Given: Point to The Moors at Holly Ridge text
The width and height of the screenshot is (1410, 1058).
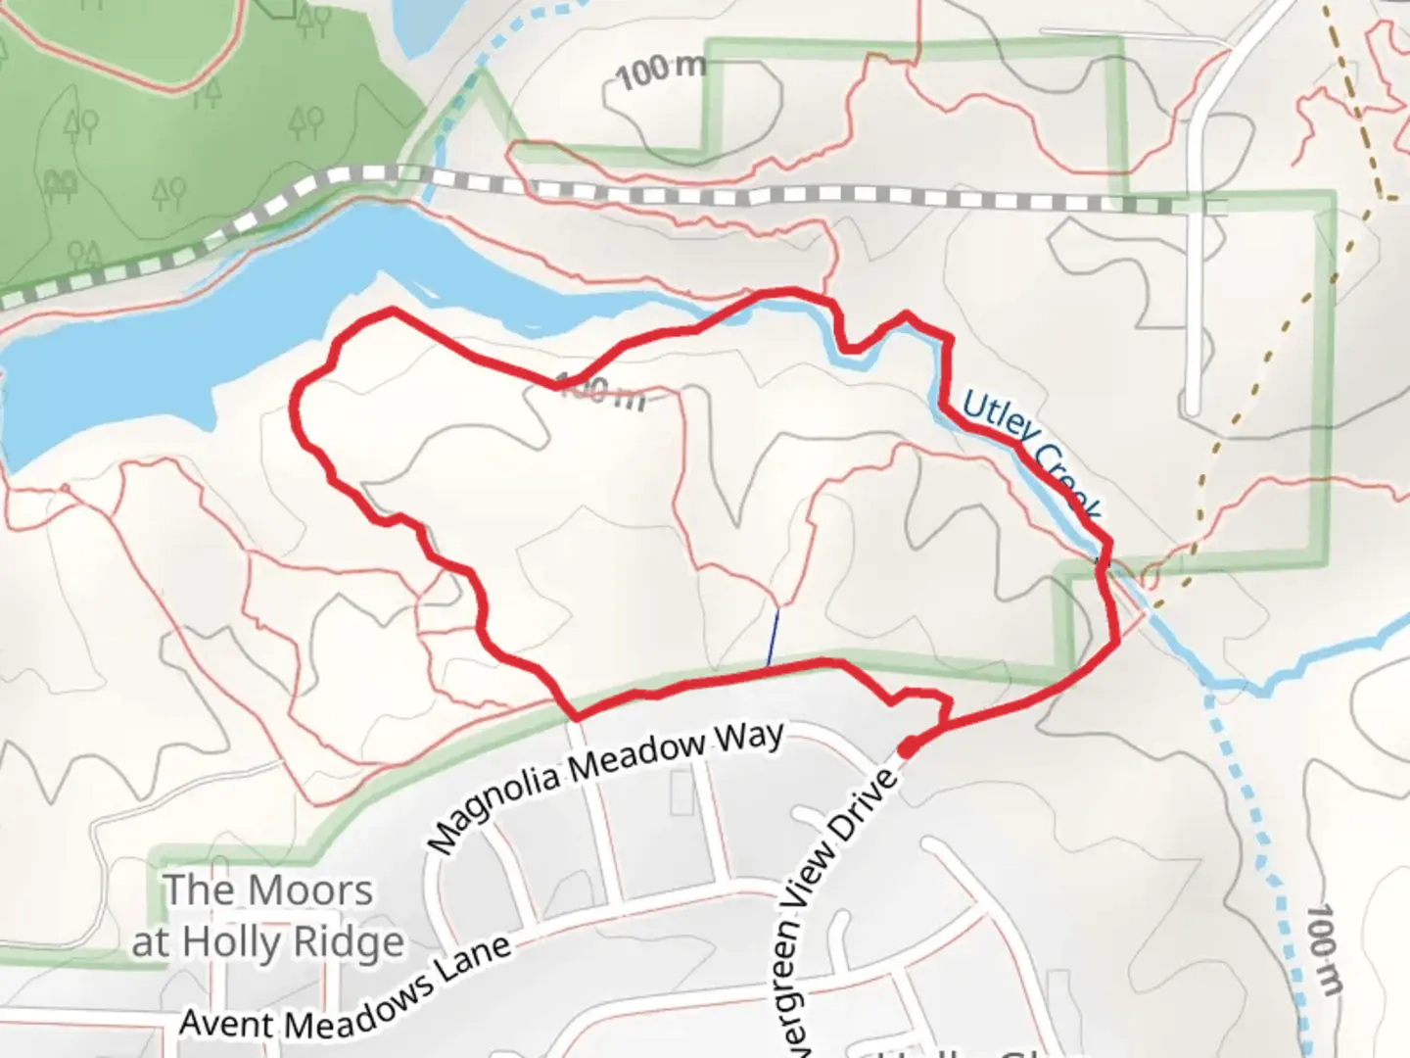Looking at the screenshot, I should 268,915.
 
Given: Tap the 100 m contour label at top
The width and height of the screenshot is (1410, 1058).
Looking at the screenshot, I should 662,70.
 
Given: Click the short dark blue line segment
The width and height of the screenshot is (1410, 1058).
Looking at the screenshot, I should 773,638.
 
